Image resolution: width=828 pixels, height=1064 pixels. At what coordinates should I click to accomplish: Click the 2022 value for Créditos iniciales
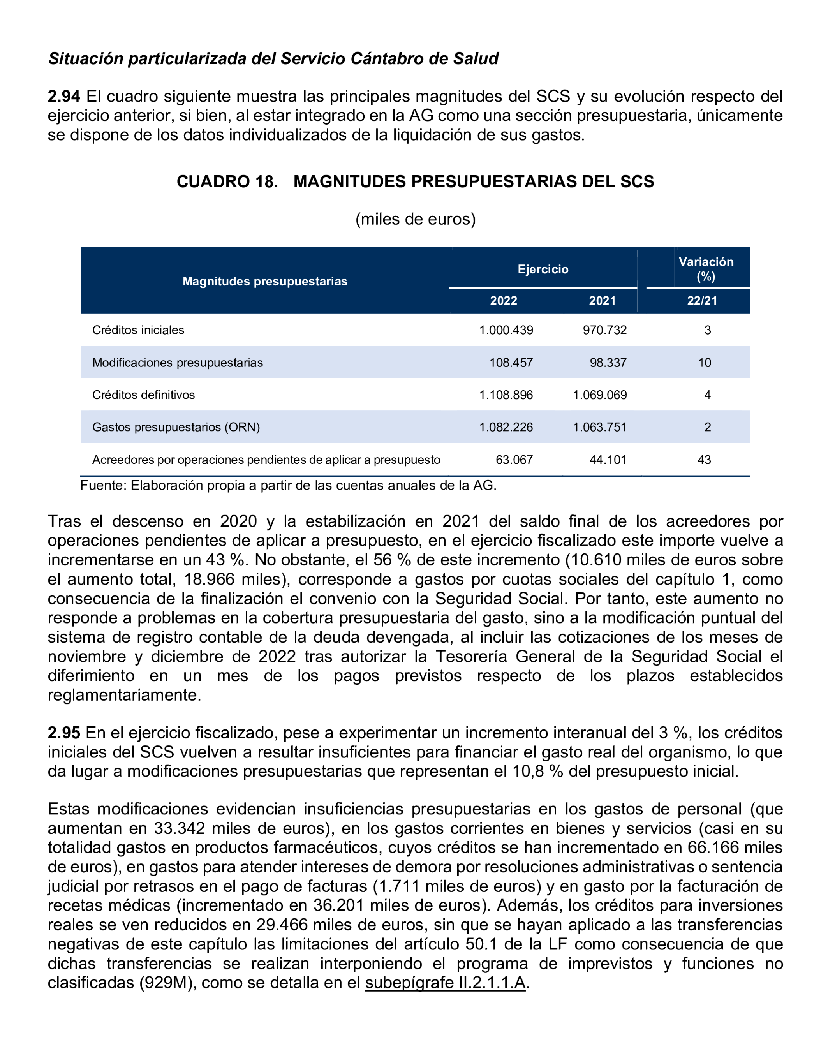(x=506, y=330)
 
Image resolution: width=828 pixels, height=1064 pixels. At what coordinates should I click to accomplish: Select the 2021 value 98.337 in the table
(x=608, y=363)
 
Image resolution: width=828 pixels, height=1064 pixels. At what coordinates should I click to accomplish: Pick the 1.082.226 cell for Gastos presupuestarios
(x=506, y=427)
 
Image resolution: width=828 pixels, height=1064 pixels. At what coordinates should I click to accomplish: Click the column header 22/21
(x=702, y=301)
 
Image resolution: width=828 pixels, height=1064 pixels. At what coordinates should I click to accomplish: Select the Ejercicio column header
(x=543, y=270)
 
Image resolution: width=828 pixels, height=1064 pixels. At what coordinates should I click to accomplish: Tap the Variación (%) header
(x=706, y=269)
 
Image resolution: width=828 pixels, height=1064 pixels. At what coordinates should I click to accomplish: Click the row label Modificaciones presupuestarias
(x=177, y=363)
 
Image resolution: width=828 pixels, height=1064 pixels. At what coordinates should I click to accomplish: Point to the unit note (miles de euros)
(x=415, y=219)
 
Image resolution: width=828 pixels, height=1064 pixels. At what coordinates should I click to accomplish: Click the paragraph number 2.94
(x=63, y=97)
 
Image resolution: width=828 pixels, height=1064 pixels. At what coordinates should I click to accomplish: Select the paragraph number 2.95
(x=63, y=732)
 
